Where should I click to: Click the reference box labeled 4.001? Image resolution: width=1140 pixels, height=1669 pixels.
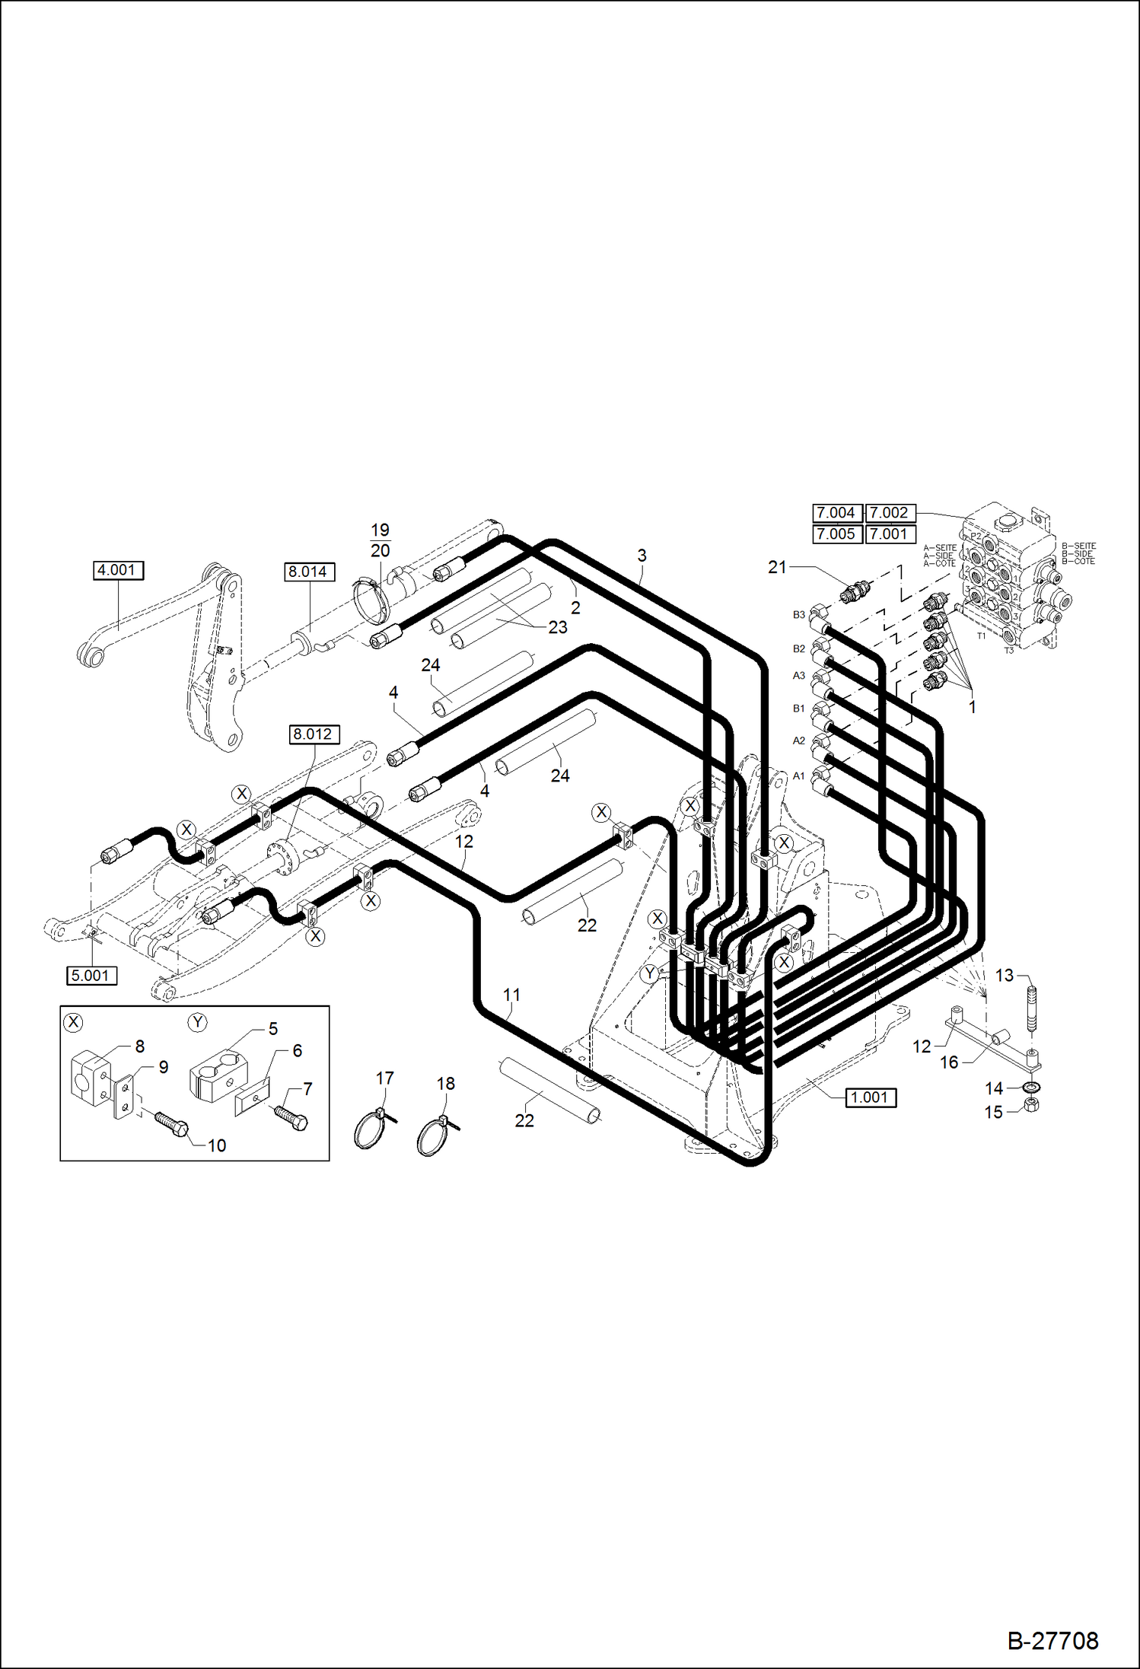[118, 570]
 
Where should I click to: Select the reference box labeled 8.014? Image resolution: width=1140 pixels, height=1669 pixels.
[309, 572]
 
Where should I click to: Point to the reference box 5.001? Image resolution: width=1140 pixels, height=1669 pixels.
[91, 976]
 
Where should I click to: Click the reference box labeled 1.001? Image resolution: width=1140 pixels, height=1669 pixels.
[871, 1097]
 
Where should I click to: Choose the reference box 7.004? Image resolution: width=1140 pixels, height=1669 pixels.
[836, 513]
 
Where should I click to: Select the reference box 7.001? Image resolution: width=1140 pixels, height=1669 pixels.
[890, 534]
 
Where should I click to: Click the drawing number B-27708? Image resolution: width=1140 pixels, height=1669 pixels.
[1052, 1641]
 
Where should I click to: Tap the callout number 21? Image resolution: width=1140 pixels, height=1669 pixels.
[777, 567]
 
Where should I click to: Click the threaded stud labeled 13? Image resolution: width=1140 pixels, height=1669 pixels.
[1032, 1008]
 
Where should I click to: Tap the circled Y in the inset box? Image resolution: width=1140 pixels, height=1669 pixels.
[198, 1022]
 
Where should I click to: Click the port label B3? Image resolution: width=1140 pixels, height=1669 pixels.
[798, 615]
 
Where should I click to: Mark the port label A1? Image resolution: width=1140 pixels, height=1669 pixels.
[798, 776]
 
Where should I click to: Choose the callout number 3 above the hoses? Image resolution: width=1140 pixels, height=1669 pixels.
[642, 556]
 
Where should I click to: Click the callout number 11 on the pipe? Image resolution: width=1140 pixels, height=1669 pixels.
[511, 995]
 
